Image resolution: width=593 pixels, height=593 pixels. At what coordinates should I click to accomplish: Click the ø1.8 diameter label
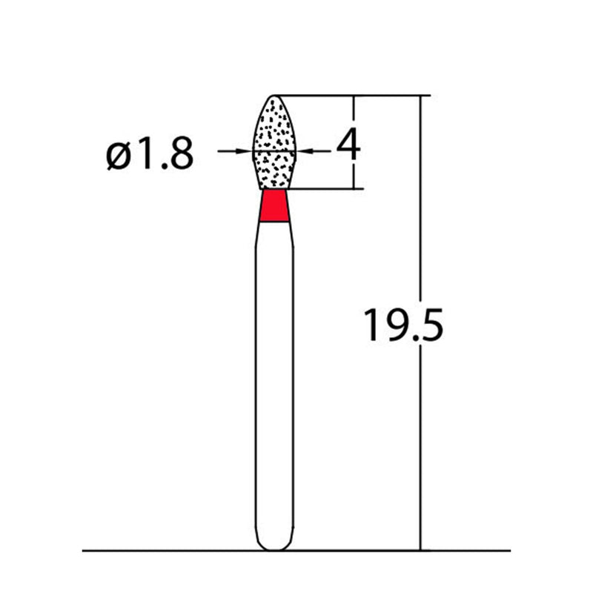[x=150, y=154]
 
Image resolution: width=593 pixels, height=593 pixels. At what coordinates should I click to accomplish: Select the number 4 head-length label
[x=348, y=146]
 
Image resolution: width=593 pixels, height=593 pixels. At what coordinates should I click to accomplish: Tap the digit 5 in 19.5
[x=430, y=325]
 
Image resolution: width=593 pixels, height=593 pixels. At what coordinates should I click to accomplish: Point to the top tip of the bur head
[x=275, y=96]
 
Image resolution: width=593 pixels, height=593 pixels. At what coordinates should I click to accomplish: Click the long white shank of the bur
[x=274, y=371]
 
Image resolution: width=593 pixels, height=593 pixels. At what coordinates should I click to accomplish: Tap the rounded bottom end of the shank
[x=274, y=546]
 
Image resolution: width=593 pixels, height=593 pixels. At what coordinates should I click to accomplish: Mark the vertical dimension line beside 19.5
[x=421, y=445]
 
